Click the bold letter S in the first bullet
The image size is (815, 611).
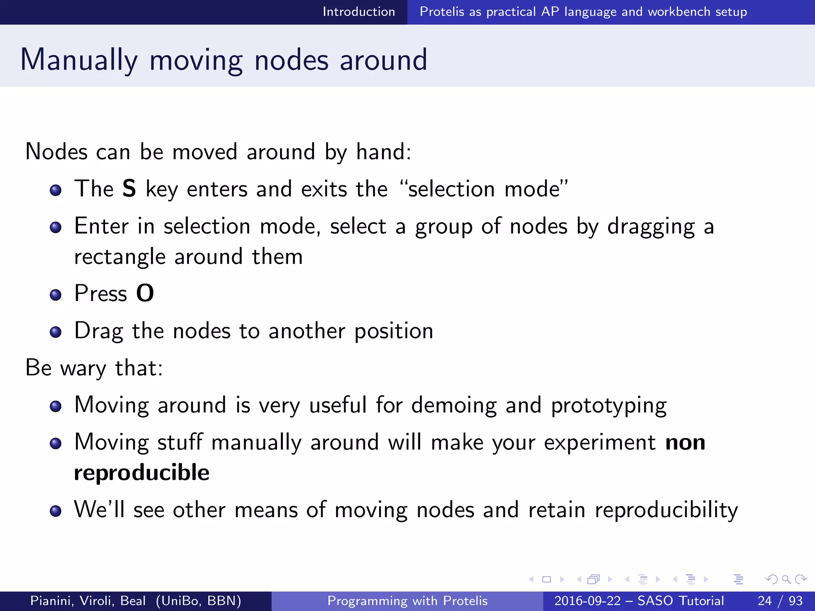point(129,189)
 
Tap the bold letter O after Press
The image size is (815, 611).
point(145,294)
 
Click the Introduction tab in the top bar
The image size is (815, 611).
point(359,12)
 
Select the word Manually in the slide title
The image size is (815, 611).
point(79,60)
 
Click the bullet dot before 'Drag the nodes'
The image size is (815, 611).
point(56,332)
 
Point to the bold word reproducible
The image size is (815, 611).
point(142,473)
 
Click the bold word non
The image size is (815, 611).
point(685,442)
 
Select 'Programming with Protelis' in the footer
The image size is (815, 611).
point(407,601)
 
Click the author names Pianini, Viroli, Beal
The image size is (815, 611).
point(88,601)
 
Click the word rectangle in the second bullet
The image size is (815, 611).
point(119,257)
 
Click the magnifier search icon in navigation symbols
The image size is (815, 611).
point(786,579)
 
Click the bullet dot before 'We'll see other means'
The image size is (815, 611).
point(56,511)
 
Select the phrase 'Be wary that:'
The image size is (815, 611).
point(94,368)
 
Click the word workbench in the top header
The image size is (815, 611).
point(679,12)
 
